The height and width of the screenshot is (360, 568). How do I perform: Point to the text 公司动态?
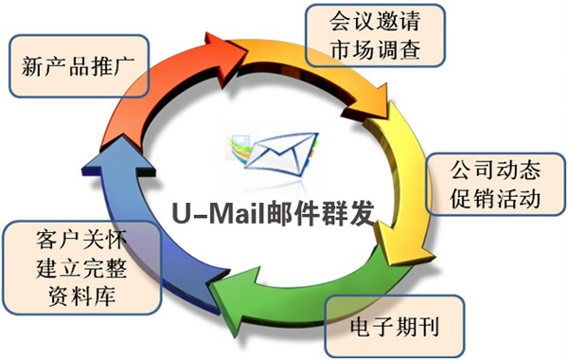click(483, 171)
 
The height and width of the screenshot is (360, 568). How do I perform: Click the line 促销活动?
click(483, 198)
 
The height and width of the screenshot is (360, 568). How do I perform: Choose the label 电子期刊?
click(396, 330)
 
